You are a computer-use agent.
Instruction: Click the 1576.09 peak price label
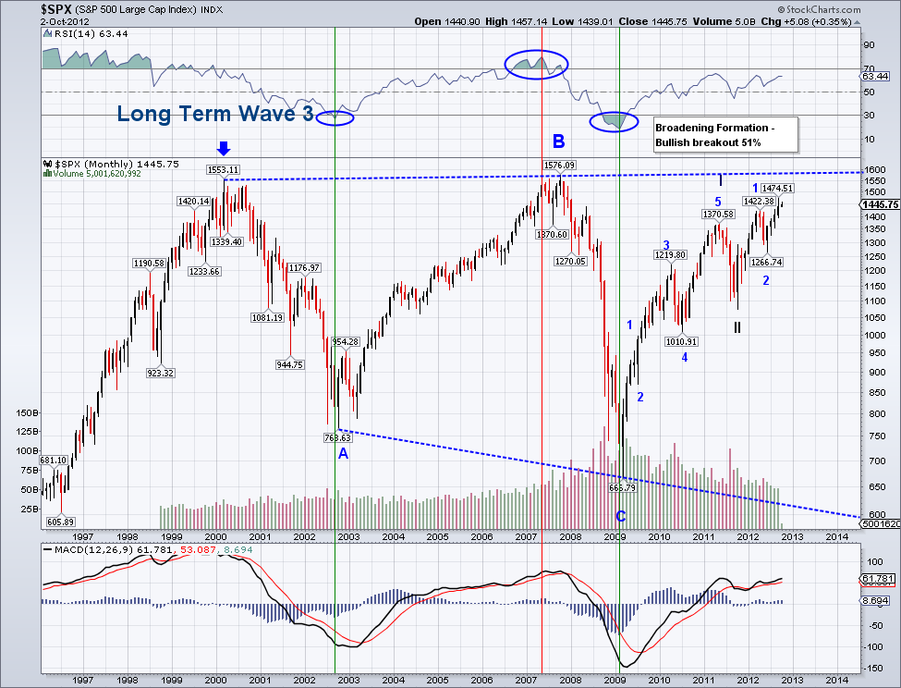558,166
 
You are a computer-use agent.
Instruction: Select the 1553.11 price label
224,170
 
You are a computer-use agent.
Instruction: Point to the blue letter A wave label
343,453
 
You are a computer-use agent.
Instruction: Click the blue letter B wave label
558,141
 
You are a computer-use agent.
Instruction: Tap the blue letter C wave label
621,516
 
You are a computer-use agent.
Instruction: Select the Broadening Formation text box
724,135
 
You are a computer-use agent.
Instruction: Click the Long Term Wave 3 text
215,115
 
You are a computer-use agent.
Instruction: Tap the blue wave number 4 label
685,357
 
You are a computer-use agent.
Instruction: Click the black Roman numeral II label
737,326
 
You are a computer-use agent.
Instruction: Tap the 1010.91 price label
682,340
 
